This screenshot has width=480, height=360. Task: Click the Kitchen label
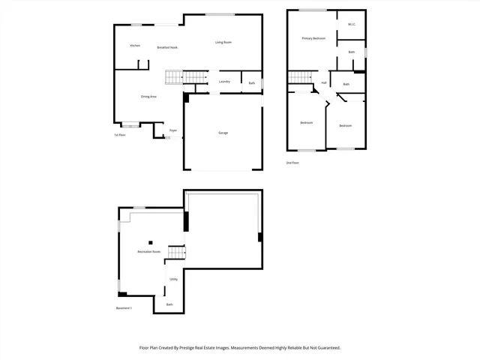[135, 46]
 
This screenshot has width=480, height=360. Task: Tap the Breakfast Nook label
[167, 47]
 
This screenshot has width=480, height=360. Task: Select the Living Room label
[223, 42]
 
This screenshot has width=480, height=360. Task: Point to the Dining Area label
[148, 97]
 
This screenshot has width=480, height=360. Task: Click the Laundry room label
[223, 81]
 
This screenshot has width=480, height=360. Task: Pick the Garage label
[223, 133]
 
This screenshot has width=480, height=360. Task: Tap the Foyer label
[172, 130]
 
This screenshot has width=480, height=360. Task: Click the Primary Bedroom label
[313, 38]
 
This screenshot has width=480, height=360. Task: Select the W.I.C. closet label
[351, 25]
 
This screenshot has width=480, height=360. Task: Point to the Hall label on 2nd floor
[323, 82]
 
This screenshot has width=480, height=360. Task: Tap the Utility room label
[173, 280]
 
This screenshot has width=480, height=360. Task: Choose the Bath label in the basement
[169, 304]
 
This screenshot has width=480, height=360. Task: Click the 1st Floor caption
[119, 135]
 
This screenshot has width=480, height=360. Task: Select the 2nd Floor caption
[292, 162]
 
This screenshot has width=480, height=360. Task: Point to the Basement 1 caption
[124, 308]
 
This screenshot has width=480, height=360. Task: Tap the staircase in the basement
[175, 253]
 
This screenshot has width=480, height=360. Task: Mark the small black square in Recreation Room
[150, 241]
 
